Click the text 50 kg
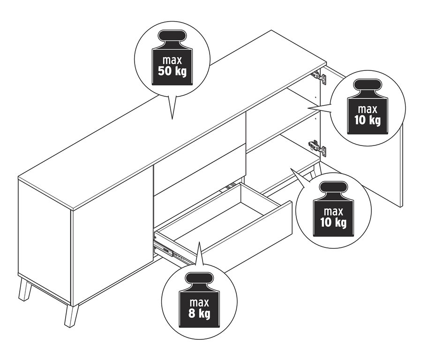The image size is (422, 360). click(172, 71)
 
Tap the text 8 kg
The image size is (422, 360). click(199, 314)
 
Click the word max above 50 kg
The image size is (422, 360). click(172, 61)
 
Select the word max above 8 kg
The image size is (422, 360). click(199, 303)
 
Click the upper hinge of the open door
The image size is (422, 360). click(320, 77)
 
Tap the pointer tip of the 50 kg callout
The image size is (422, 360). click(172, 119)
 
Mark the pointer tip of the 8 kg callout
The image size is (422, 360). click(199, 242)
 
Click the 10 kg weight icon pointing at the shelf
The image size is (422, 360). click(368, 107)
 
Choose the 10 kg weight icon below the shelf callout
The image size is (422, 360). click(333, 208)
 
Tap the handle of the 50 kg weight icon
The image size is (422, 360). click(172, 36)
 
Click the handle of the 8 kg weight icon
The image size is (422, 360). click(199, 279)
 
